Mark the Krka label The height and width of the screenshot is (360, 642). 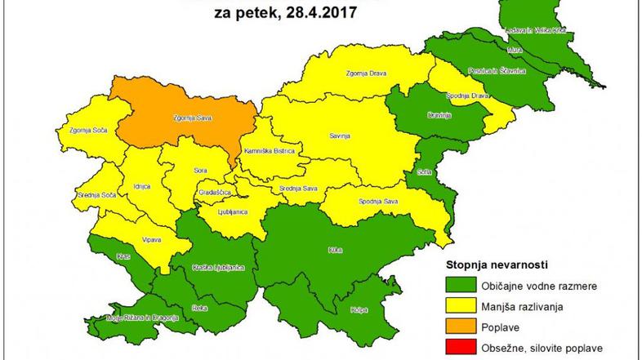[x=334, y=249]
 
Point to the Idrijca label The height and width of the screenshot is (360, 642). [x=141, y=187]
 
